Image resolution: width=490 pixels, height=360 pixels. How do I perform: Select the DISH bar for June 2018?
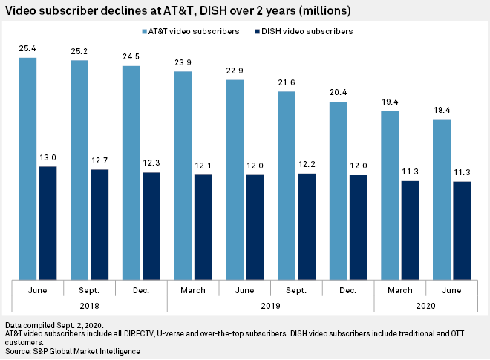tap(48, 223)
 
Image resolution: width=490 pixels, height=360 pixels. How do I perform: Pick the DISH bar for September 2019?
tap(307, 226)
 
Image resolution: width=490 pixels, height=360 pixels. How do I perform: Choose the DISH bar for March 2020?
tap(411, 230)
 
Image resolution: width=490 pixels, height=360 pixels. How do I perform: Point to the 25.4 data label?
tap(27, 49)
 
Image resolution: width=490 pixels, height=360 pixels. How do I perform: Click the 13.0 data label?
tap(48, 158)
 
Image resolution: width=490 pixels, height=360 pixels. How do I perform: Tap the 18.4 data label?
tap(441, 111)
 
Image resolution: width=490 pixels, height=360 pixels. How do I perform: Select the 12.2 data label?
tap(307, 166)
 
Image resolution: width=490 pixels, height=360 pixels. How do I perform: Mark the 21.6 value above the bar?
tap(286, 84)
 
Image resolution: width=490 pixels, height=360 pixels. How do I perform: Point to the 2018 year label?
tap(89, 305)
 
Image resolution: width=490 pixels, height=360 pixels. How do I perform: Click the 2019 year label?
tap(270, 305)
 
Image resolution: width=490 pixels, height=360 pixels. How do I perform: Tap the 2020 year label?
tap(425, 305)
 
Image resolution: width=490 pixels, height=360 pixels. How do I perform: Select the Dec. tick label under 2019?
tap(347, 289)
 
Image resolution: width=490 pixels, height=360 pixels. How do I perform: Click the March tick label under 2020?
tap(399, 289)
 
